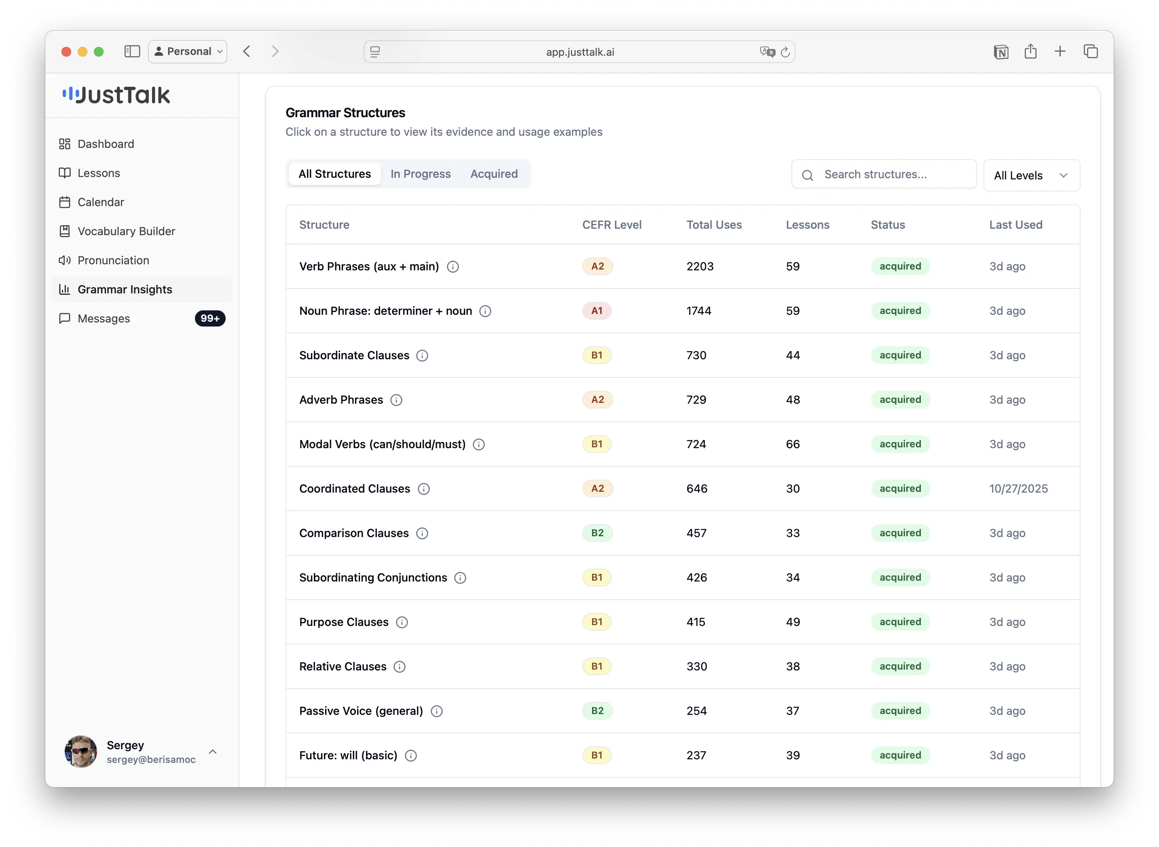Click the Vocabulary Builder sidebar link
coord(117,231)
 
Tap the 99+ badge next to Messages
coord(210,318)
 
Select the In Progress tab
coord(420,174)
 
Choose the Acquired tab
coord(493,174)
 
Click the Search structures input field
coord(884,174)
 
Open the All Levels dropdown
coord(1031,175)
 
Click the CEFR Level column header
coord(611,225)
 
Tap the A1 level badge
coord(597,311)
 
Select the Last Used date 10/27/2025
coord(1018,489)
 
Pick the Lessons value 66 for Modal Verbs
coord(793,445)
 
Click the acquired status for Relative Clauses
coord(901,666)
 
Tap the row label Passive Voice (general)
coord(361,711)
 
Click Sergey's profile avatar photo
coord(80,752)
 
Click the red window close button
coord(66,52)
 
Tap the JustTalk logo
coord(116,95)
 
